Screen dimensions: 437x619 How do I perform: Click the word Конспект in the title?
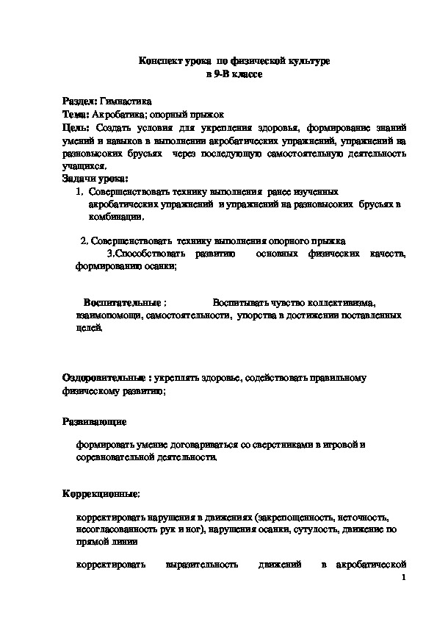click(x=161, y=63)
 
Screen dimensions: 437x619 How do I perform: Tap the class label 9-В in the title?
click(x=220, y=76)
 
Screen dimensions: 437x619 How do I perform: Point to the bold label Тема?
click(x=76, y=115)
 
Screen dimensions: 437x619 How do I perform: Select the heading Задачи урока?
click(x=95, y=179)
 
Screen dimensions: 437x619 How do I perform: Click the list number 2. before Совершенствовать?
click(x=84, y=240)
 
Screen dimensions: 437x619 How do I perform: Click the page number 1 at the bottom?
click(x=404, y=579)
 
